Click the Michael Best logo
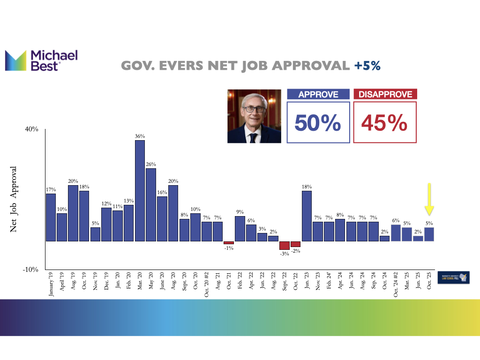coord(41,61)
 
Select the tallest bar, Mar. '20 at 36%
coord(140,190)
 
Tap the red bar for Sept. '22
coord(285,245)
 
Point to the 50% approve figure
coord(318,123)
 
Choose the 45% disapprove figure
coord(384,123)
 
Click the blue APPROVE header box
coord(318,94)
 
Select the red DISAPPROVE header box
coord(385,94)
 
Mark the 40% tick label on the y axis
coord(31,129)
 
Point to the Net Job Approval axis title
coord(14,199)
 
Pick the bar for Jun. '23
coord(307,216)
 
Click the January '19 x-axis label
coord(51,284)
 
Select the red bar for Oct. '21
coord(229,242)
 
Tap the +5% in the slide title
coord(367,66)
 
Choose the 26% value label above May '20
coord(151,164)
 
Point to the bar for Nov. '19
coord(95,234)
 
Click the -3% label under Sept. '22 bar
coord(285,254)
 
